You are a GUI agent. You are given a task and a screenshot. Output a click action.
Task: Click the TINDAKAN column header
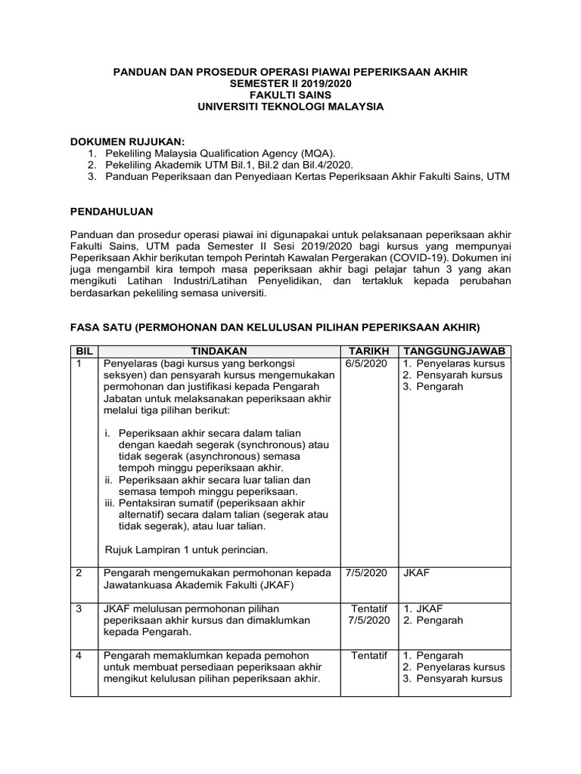pyautogui.click(x=218, y=351)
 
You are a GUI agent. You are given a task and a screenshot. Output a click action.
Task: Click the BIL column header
pyautogui.click(x=83, y=351)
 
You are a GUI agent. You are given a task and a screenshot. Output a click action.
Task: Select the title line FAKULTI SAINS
pyautogui.click(x=290, y=95)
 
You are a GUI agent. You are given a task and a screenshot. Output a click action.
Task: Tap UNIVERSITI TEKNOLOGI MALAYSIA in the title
pyautogui.click(x=290, y=107)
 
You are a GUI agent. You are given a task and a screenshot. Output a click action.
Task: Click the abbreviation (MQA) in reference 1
pyautogui.click(x=306, y=153)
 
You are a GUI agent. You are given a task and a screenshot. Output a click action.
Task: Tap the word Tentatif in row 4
pyautogui.click(x=368, y=655)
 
